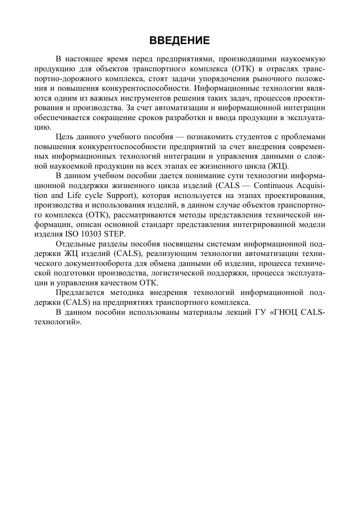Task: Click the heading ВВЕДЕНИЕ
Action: (x=180, y=40)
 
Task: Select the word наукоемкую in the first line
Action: (x=303, y=59)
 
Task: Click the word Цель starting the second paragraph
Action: (x=64, y=137)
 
